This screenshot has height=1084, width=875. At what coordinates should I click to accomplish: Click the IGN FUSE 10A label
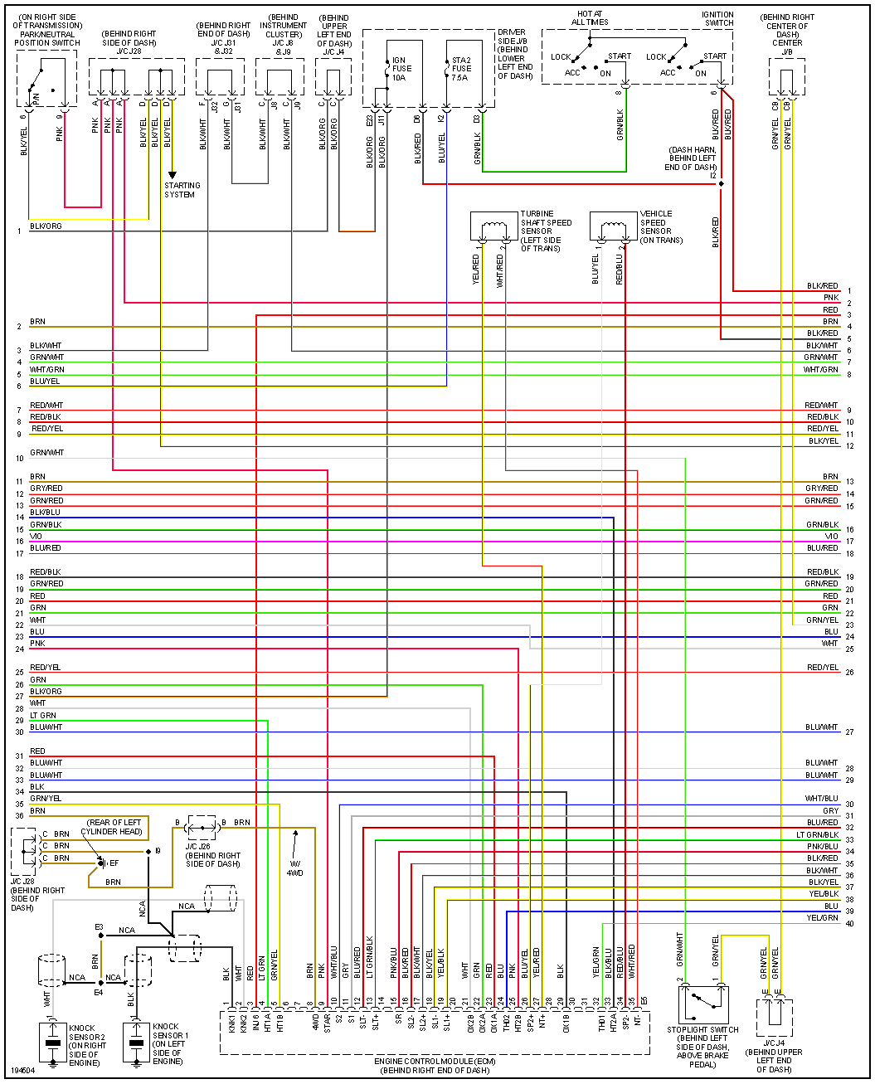[x=401, y=69]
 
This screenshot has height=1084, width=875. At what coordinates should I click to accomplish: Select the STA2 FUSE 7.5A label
[x=461, y=69]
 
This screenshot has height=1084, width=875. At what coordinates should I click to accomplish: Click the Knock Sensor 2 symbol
[x=53, y=1043]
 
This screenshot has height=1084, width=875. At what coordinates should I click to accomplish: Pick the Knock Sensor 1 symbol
[x=136, y=1043]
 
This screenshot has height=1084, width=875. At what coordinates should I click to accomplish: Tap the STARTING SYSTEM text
[x=182, y=190]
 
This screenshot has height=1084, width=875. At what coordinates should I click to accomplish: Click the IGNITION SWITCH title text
[x=717, y=18]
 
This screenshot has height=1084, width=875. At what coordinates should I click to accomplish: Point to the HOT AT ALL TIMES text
[x=590, y=18]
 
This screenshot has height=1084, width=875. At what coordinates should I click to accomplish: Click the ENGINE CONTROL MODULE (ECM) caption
[x=435, y=1066]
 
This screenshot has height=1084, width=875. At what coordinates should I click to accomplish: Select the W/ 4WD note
[x=294, y=868]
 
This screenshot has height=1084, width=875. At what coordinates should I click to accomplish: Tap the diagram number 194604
[x=23, y=1070]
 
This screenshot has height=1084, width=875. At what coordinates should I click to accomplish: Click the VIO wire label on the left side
[x=36, y=537]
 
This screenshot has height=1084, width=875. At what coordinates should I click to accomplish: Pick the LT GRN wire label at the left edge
[x=43, y=715]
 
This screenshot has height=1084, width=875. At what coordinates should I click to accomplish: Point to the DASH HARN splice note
[x=692, y=158]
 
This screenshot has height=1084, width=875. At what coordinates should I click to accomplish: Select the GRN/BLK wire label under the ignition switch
[x=620, y=124]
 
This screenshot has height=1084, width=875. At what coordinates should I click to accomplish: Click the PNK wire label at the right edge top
[x=830, y=298]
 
